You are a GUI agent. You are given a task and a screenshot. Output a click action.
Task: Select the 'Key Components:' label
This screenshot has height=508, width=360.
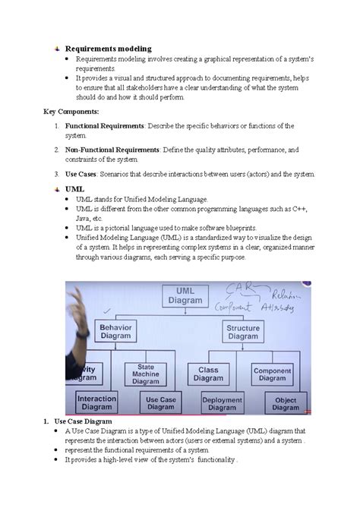coord(71,111)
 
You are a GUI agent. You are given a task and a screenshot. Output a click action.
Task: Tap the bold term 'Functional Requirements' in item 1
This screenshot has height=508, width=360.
coord(104,125)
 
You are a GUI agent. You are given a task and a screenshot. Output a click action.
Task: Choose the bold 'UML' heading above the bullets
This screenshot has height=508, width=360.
coord(74,188)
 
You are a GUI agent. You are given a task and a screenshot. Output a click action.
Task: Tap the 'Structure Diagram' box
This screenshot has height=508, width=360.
coord(243,331)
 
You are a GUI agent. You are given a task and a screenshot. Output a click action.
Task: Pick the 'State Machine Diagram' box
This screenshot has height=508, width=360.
coord(146,373)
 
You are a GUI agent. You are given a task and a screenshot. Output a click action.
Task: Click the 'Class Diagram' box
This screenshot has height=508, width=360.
coord(208,374)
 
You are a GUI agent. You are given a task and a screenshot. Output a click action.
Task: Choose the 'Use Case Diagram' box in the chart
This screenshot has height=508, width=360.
coord(162,403)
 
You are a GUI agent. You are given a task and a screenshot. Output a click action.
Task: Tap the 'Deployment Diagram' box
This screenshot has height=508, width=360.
coord(222,403)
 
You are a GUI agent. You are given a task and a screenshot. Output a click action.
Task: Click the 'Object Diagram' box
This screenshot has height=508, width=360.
coord(286,403)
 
